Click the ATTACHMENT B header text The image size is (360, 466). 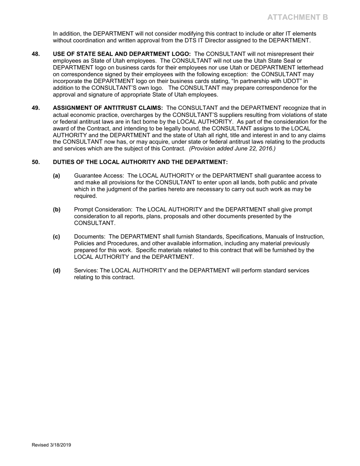click(x=297, y=17)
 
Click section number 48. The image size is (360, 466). click(x=36, y=54)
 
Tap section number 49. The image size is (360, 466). click(x=36, y=108)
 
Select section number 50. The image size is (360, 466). click(x=36, y=162)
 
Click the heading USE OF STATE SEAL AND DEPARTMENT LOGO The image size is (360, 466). click(x=122, y=54)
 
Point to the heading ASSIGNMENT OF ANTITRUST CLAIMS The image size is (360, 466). click(x=108, y=108)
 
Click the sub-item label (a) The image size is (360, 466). click(x=56, y=176)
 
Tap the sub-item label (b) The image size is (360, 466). click(x=56, y=210)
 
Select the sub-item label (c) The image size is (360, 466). click(x=56, y=237)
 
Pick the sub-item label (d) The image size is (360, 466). click(x=56, y=271)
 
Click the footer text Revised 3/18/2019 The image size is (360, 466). click(x=51, y=445)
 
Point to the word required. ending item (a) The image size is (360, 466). click(x=86, y=196)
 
